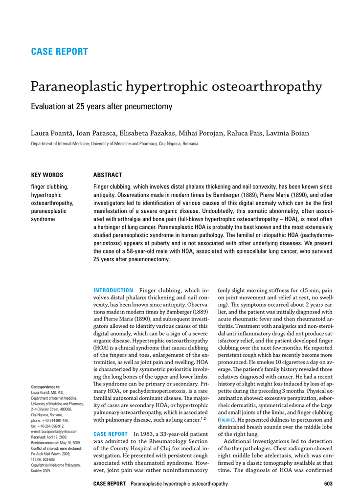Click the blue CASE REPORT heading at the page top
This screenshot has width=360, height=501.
tap(59, 52)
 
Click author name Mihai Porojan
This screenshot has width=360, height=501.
tap(201, 133)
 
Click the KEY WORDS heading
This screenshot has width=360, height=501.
tap(47, 175)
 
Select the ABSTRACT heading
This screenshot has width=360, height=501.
tap(107, 175)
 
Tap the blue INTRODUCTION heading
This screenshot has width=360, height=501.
tap(113, 291)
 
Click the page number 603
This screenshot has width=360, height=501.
tap(328, 484)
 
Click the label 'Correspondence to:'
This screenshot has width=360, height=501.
tap(45, 387)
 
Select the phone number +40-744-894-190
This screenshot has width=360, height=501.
tap(55, 420)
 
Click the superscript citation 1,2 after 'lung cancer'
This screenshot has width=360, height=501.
tap(204, 418)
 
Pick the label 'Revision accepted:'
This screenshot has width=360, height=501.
tap(45, 443)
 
